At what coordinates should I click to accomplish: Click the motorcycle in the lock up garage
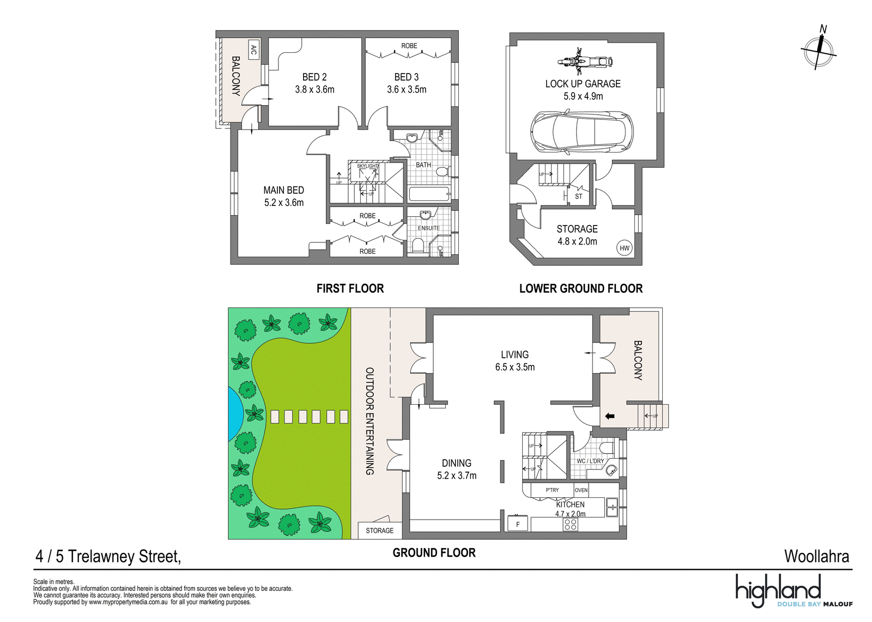point(585,62)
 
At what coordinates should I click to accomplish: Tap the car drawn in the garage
point(582,132)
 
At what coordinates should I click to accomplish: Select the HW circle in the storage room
point(625,248)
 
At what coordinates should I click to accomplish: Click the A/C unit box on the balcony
point(253,50)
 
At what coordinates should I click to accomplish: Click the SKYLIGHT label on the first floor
point(367,166)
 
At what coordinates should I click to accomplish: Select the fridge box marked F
point(518,523)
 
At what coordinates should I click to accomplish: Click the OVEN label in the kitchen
point(581,490)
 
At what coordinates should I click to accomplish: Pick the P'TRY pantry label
point(552,490)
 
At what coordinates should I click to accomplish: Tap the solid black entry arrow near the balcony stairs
point(610,416)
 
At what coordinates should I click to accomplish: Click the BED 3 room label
point(407,77)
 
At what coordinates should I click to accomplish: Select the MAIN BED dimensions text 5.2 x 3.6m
point(284,203)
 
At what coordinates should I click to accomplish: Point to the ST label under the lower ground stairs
point(579,197)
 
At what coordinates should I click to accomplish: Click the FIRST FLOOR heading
point(350,288)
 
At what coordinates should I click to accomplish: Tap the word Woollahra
point(816,557)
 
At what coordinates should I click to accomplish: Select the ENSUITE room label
point(428,228)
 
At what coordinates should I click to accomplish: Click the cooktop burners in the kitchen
point(571,525)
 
